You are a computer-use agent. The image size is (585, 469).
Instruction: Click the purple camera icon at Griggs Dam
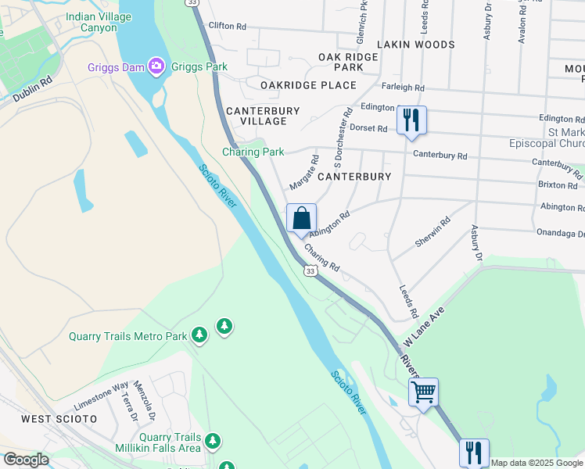156,66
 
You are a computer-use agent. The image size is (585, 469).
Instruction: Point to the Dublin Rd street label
32,89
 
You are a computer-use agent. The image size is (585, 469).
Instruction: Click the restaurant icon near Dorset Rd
411,120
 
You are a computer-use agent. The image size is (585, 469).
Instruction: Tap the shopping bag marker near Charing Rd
302,219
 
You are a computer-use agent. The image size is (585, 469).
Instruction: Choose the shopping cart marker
423,392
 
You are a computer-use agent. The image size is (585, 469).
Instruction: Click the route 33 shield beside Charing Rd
310,271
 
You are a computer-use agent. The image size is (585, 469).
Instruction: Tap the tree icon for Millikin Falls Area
213,442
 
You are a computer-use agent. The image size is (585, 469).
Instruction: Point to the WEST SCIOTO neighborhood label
59,419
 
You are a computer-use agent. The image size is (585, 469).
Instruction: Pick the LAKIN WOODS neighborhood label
415,45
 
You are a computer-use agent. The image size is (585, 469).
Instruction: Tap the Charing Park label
253,152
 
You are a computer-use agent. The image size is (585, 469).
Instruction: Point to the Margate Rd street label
304,172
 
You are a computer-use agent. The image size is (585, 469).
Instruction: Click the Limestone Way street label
101,396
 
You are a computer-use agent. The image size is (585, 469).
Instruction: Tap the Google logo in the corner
26,460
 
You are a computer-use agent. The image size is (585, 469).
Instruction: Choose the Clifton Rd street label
228,27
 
